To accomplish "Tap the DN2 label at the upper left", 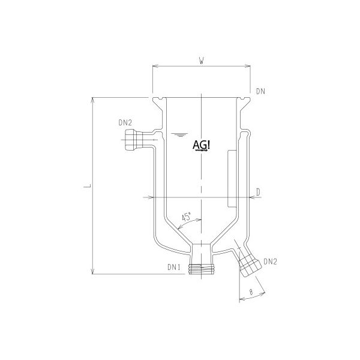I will click(126, 122).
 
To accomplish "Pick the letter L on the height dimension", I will click(88, 187).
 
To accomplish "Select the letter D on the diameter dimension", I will click(258, 191).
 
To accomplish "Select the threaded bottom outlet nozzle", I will click(200, 268).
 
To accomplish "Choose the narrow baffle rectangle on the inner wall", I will click(231, 177).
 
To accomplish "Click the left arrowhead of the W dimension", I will click(154, 67).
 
